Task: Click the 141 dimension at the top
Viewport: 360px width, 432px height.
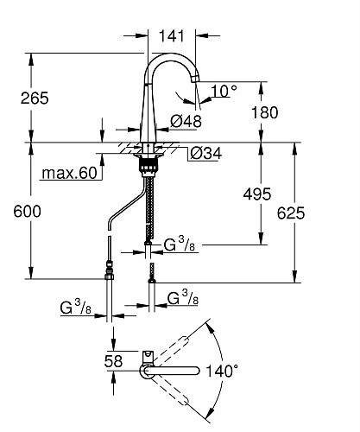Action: click(174, 35)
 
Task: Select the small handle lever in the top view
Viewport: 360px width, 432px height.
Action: click(148, 355)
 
